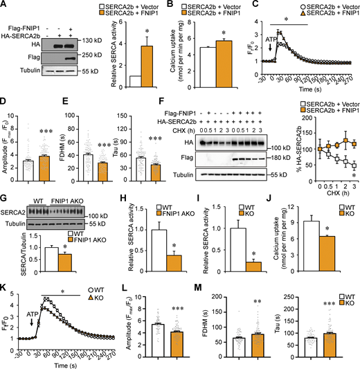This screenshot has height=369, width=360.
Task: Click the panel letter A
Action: pos(5,6)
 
